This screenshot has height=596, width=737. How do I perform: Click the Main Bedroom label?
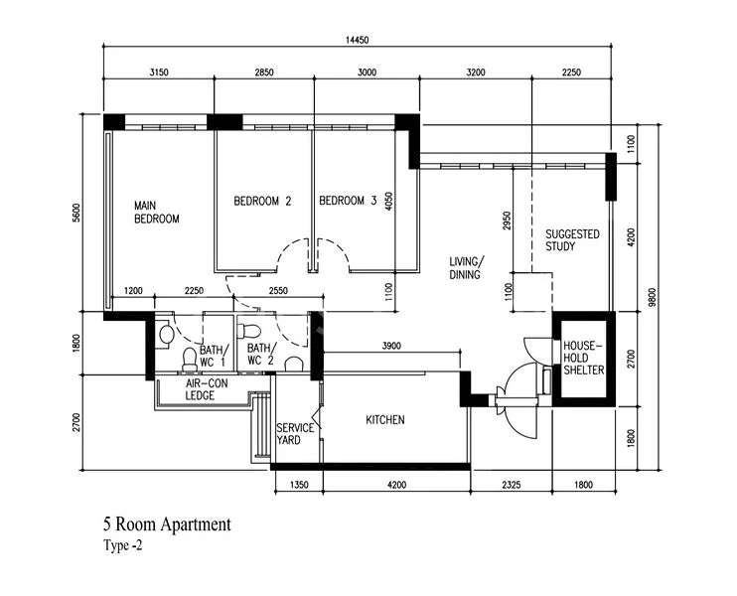click(x=157, y=212)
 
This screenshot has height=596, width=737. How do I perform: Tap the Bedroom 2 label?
click(x=262, y=202)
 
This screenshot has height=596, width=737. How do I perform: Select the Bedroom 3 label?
click(x=348, y=201)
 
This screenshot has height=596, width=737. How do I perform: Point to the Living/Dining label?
click(x=465, y=268)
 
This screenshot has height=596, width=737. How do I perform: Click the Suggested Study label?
click(x=572, y=240)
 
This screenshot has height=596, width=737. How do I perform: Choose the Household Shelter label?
click(x=583, y=358)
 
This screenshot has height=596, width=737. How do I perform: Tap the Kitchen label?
click(x=385, y=420)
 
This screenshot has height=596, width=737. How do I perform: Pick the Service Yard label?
click(x=295, y=434)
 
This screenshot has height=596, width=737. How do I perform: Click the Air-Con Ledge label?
click(x=207, y=389)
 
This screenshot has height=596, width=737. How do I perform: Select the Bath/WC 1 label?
click(x=214, y=356)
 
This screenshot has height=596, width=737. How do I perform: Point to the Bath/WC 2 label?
click(x=261, y=355)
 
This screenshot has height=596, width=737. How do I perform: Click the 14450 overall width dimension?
click(x=358, y=40)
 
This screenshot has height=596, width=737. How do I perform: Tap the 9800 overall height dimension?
click(x=652, y=297)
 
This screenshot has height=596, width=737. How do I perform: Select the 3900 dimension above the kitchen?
click(x=391, y=346)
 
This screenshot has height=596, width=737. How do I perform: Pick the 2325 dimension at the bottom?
click(x=511, y=484)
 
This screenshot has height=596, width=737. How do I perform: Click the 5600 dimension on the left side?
click(x=76, y=213)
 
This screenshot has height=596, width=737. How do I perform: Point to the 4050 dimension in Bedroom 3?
click(x=388, y=202)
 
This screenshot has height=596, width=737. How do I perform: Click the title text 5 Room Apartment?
click(x=167, y=524)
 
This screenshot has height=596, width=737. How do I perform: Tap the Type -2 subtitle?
click(x=123, y=545)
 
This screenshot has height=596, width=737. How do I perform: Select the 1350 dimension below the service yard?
click(x=299, y=484)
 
